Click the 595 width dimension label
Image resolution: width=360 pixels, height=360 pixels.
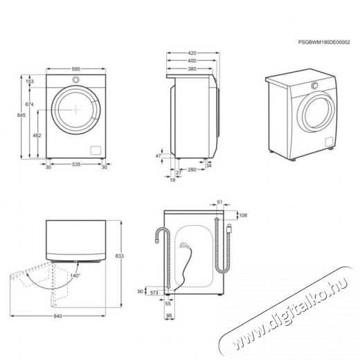click(x=76, y=69)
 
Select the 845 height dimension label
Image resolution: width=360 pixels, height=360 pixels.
click(x=21, y=115)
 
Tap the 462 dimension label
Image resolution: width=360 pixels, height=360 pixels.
click(x=37, y=136)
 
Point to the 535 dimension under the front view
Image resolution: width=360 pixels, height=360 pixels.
click(x=76, y=164)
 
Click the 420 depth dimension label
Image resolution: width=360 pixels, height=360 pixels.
click(x=192, y=53)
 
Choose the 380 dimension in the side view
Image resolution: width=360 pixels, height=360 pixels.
click(x=192, y=69)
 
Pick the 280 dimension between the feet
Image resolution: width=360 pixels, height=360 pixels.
click(x=192, y=170)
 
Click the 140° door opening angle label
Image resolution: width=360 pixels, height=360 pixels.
click(x=75, y=276)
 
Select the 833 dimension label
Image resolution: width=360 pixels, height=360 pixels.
click(x=119, y=255)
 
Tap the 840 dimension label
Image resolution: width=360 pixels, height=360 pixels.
click(x=57, y=316)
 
